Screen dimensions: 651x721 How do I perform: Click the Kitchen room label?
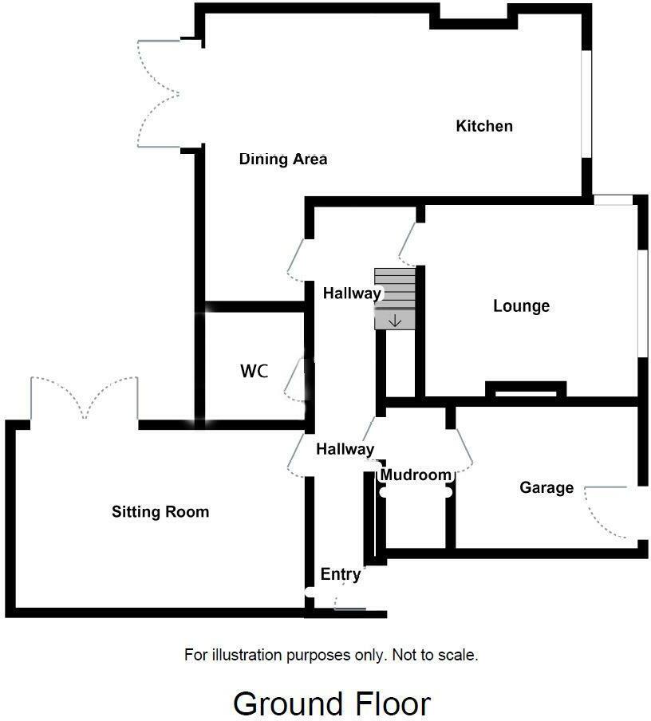click(x=483, y=126)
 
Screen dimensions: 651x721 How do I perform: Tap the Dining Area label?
click(x=283, y=160)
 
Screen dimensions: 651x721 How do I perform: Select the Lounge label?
click(x=521, y=306)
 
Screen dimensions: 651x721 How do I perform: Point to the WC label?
click(x=254, y=372)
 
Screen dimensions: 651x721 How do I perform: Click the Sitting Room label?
click(x=160, y=512)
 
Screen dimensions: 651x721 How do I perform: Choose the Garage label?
click(x=546, y=487)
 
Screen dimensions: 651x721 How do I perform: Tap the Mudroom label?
click(x=416, y=475)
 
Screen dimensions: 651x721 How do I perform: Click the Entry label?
click(x=341, y=574)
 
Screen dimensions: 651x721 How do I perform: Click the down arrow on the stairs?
click(x=395, y=321)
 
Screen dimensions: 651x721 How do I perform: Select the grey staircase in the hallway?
click(x=395, y=297)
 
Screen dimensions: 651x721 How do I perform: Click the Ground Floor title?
click(x=332, y=703)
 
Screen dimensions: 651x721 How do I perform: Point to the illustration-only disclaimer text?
click(x=332, y=656)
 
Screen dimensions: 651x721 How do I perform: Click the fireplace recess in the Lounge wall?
click(x=526, y=390)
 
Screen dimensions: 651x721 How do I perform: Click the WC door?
click(x=295, y=379)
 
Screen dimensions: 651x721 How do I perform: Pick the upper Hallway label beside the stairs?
click(x=352, y=294)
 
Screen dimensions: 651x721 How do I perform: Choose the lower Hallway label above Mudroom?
click(x=345, y=450)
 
